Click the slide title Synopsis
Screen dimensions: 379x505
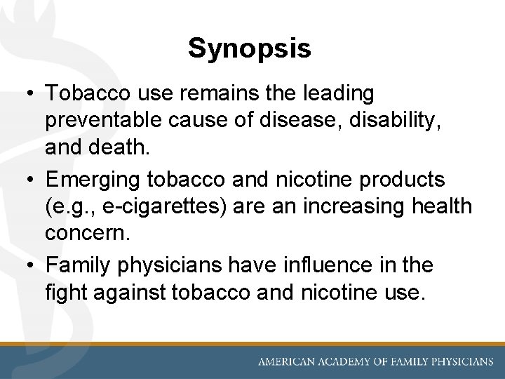click(250, 48)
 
